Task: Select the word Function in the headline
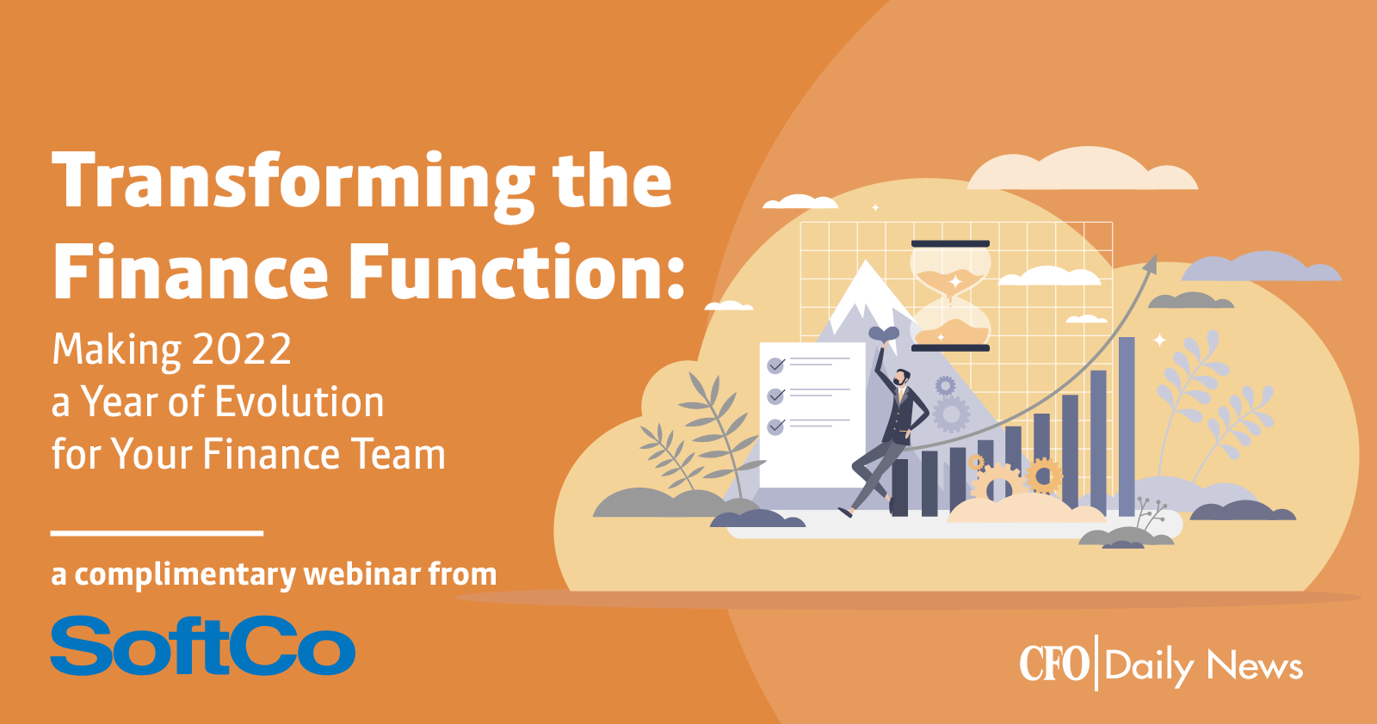click(520, 270)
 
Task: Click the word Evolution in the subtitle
click(299, 402)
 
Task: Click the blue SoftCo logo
click(203, 646)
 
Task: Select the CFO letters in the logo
click(1053, 663)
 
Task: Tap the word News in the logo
click(1255, 665)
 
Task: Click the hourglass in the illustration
click(950, 296)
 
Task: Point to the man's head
click(901, 377)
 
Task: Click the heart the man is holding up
click(883, 334)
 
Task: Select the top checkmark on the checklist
click(775, 365)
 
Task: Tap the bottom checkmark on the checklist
click(775, 426)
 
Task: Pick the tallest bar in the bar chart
click(1127, 426)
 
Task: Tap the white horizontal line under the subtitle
click(157, 533)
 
